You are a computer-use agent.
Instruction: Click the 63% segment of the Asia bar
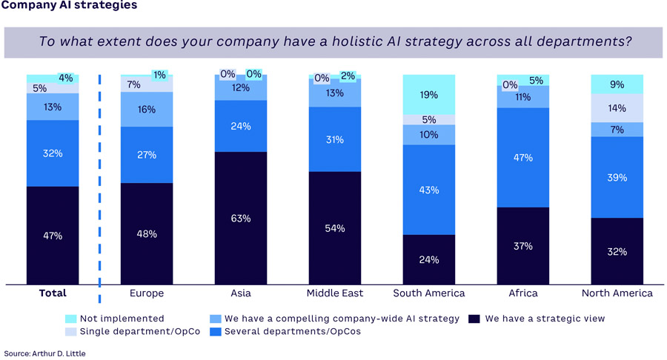coord(240,218)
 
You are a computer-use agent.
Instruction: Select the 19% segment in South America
coord(429,95)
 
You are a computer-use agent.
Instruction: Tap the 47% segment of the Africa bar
coord(523,158)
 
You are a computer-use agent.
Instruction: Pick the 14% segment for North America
coord(617,108)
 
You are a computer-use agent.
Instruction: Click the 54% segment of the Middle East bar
coord(335,228)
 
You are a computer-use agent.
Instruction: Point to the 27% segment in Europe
coord(146,155)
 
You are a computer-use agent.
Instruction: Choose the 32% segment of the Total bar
coord(53,153)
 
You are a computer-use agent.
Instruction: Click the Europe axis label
coord(146,293)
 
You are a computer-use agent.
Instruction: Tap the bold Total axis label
coord(53,293)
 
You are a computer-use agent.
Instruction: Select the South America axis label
coord(429,293)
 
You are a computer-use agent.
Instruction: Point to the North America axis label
coord(617,293)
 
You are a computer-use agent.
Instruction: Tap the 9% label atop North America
coord(617,84)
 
